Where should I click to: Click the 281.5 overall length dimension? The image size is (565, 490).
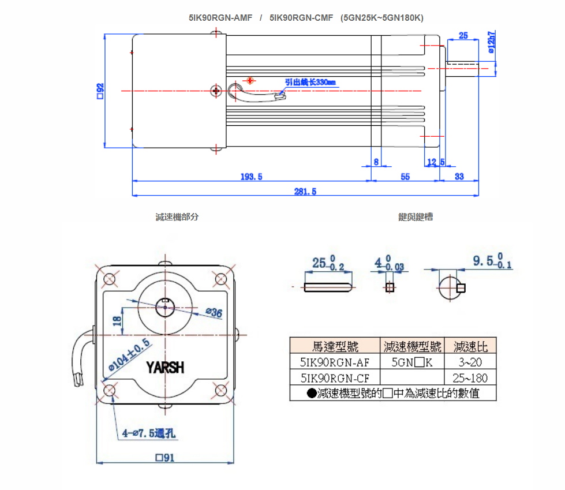[305, 191]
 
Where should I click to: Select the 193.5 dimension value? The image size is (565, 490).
[251, 177]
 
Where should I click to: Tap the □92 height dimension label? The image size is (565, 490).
[100, 91]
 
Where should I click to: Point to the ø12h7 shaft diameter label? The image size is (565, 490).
[491, 42]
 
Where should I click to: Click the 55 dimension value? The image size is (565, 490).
[405, 177]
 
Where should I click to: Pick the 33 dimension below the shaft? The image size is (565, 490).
[459, 176]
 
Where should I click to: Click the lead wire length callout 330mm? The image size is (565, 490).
[310, 82]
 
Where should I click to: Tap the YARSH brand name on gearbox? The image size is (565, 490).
[165, 367]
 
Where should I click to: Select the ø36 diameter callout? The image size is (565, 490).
[214, 312]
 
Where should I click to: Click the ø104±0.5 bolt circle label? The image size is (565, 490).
[129, 354]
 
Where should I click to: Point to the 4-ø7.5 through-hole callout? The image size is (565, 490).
[148, 433]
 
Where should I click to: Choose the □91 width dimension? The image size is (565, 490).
[164, 458]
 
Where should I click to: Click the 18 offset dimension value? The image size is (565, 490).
[117, 321]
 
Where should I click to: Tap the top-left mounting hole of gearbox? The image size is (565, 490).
[109, 279]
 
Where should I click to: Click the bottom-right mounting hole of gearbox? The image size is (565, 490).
[220, 390]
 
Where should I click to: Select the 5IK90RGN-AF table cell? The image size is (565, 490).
[335, 362]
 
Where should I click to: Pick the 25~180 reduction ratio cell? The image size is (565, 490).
[470, 377]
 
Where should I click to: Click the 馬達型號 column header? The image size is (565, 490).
[335, 346]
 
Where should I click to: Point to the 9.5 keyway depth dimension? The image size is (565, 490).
[492, 260]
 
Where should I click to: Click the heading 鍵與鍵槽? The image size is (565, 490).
[416, 216]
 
